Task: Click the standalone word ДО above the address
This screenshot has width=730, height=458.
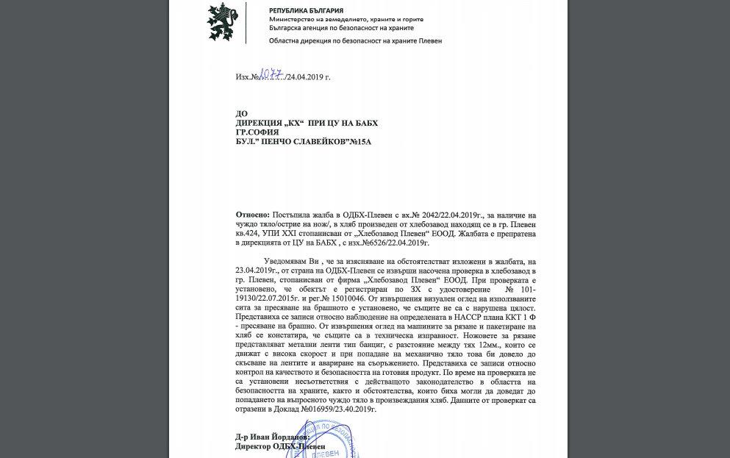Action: pyautogui.click(x=241, y=113)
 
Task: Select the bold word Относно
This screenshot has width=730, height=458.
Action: pyautogui.click(x=252, y=213)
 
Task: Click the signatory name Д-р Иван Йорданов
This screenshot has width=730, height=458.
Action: pyautogui.click(x=268, y=437)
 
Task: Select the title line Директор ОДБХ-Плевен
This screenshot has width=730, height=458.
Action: pyautogui.click(x=273, y=446)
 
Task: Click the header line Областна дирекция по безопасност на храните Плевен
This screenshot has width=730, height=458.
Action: pyautogui.click(x=355, y=41)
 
